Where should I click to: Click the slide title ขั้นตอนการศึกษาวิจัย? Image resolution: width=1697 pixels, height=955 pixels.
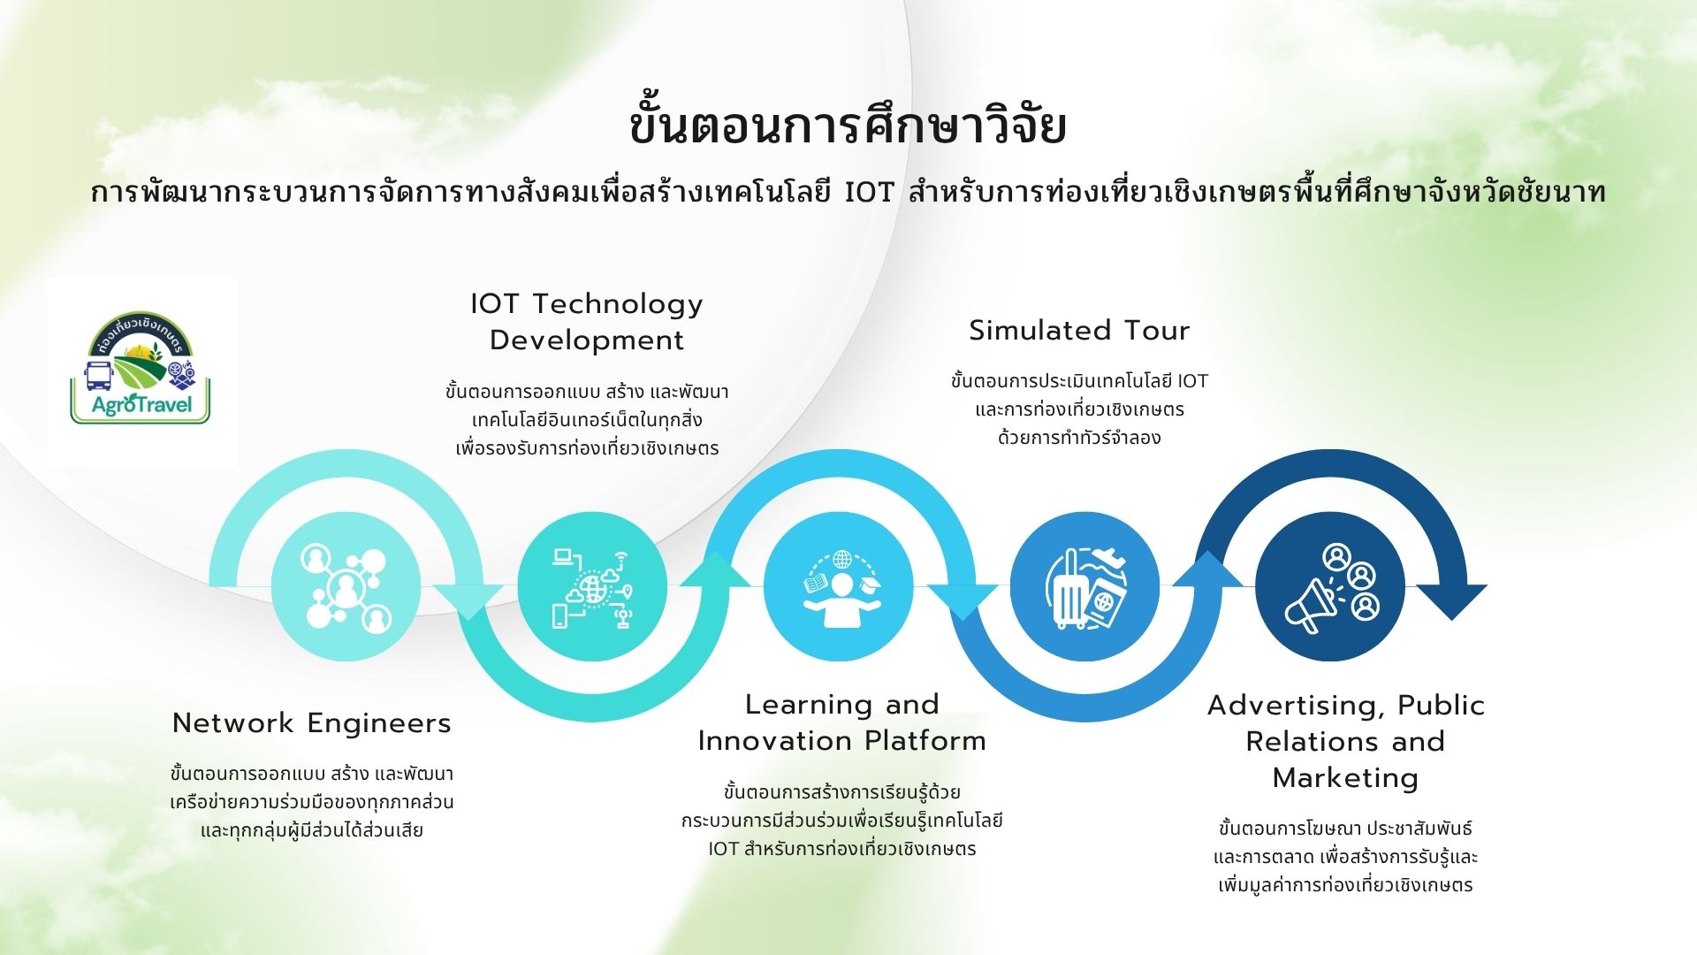pyautogui.click(x=848, y=126)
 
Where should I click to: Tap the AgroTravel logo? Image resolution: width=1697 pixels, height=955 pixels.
pyautogui.click(x=141, y=371)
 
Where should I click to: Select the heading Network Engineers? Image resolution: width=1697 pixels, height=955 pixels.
pyautogui.click(x=312, y=723)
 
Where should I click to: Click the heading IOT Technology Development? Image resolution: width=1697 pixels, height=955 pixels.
pyautogui.click(x=587, y=322)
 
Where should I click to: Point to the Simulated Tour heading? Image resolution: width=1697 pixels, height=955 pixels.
pyautogui.click(x=1079, y=331)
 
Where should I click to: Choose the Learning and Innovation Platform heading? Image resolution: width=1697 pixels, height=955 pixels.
pyautogui.click(x=841, y=722)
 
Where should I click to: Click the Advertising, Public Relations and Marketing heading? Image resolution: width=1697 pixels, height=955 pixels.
pyautogui.click(x=1345, y=741)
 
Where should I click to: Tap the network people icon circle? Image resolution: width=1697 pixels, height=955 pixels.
pyautogui.click(x=346, y=586)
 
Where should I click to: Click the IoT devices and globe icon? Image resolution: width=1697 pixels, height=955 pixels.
pyautogui.click(x=592, y=586)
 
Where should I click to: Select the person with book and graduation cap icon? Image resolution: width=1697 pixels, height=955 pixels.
pyautogui.click(x=839, y=586)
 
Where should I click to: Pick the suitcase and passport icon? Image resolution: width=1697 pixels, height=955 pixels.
pyautogui.click(x=1084, y=586)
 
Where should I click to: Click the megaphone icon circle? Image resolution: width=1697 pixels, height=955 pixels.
pyautogui.click(x=1330, y=586)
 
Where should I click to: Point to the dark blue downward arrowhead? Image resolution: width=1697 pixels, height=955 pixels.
pyautogui.click(x=1452, y=601)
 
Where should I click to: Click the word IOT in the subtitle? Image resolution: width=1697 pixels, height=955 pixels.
pyautogui.click(x=870, y=192)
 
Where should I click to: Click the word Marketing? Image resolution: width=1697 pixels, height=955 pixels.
pyautogui.click(x=1345, y=778)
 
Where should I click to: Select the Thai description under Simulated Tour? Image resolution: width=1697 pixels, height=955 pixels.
pyautogui.click(x=1079, y=409)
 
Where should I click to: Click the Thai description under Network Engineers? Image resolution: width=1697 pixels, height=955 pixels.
pyautogui.click(x=312, y=802)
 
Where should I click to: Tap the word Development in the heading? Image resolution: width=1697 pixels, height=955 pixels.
pyautogui.click(x=587, y=340)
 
